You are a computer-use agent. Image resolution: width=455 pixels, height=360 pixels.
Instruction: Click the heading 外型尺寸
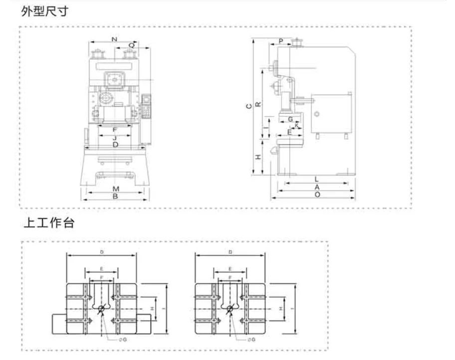[x=44, y=11]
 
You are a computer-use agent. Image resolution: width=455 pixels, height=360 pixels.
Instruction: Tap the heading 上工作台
[x=49, y=223]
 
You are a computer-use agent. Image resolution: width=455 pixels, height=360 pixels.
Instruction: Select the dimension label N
[x=114, y=38]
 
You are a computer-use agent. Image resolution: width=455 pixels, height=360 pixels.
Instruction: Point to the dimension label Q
[x=132, y=45]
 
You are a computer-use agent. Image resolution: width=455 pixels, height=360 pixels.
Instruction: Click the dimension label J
[x=115, y=137]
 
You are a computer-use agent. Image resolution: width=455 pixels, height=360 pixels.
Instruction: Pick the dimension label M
[x=115, y=189]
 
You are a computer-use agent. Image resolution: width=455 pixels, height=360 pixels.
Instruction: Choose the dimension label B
[x=115, y=197]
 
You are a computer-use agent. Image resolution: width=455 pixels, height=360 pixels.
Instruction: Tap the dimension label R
[x=257, y=104]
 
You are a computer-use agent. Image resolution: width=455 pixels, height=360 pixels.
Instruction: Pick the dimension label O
[x=317, y=194]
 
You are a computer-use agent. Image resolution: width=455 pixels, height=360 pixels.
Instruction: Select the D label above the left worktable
[x=102, y=253]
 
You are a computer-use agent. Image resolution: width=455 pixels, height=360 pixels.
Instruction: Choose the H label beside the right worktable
[x=281, y=309]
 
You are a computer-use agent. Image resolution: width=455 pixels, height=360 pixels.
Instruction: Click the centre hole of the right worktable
[x=229, y=309]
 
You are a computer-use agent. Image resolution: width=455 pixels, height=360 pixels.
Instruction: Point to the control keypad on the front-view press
[x=147, y=107]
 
